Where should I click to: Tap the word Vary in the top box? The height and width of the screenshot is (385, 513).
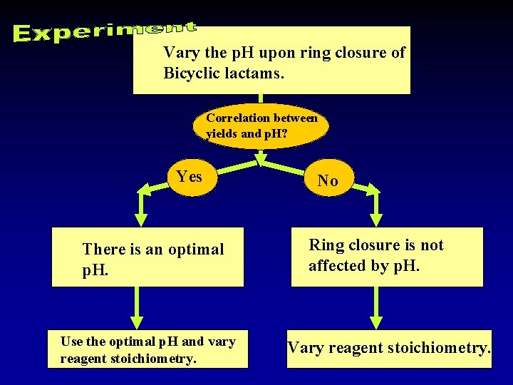[178, 52]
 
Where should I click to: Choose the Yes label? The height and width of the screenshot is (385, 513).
[189, 176]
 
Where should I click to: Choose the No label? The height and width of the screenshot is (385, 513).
[328, 181]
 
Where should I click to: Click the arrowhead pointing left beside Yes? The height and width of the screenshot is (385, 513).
[143, 190]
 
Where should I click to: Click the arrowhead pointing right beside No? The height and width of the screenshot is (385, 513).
[373, 190]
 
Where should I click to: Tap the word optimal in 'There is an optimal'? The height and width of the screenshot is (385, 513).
[196, 250]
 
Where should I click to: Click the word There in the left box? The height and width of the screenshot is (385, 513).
[104, 250]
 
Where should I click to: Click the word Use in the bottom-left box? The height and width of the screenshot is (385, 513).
[71, 342]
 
